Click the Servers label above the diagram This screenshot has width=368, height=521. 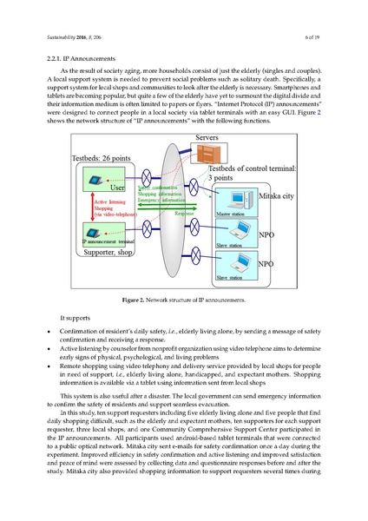click(x=206, y=139)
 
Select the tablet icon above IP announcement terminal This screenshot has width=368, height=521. click(x=94, y=229)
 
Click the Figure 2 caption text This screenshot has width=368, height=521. click(x=184, y=300)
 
